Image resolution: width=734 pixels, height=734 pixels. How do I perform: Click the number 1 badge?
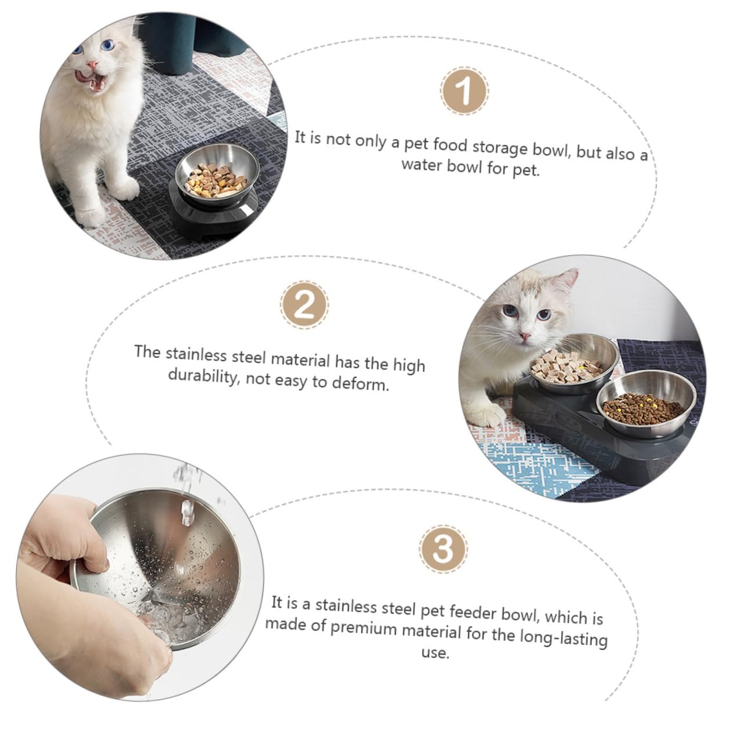[464, 91]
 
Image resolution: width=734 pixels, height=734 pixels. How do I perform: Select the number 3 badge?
[444, 547]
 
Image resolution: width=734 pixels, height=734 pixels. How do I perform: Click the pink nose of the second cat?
[524, 336]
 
